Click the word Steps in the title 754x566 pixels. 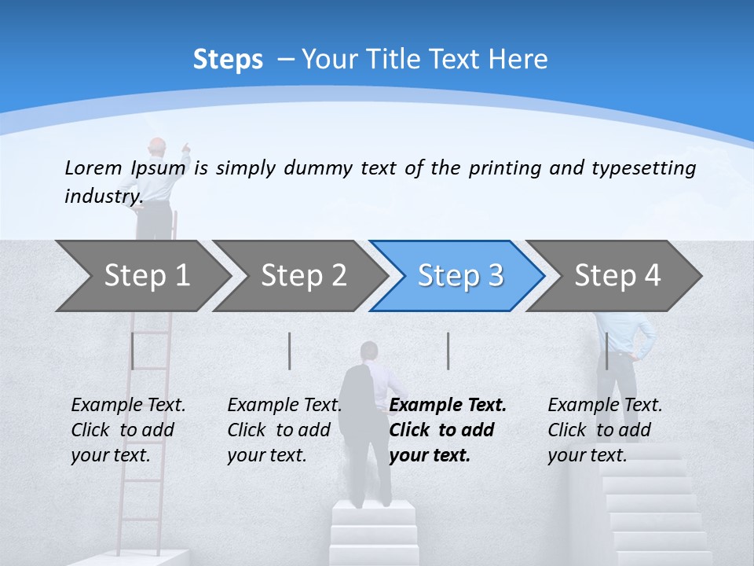click(228, 59)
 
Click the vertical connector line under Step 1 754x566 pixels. click(133, 351)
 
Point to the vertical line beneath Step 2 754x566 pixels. click(290, 351)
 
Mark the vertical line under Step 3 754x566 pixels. click(448, 351)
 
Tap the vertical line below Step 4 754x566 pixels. click(606, 351)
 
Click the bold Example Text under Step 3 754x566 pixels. click(448, 406)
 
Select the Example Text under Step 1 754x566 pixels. click(128, 406)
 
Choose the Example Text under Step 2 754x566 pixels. click(284, 406)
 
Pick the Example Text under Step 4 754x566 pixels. click(605, 406)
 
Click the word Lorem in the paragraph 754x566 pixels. click(93, 167)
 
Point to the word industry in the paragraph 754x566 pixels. click(103, 197)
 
